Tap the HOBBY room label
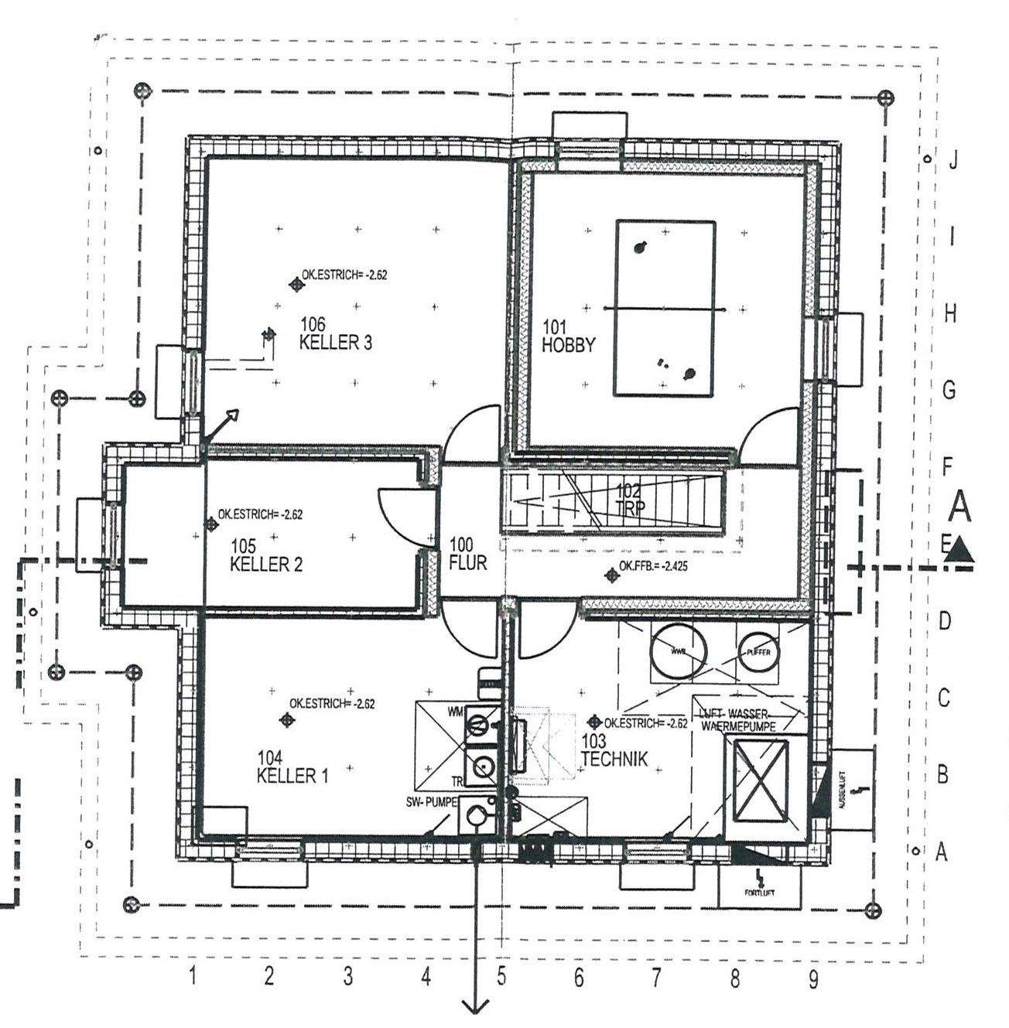[x=568, y=345]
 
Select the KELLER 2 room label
[x=266, y=564]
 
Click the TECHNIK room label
[x=614, y=759]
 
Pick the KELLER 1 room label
[x=287, y=775]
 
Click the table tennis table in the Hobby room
[x=665, y=309]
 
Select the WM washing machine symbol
[x=478, y=726]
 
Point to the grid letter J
[x=953, y=161]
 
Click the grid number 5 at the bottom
[x=501, y=978]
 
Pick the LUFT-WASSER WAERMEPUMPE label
[x=738, y=719]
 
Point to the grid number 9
[x=812, y=979]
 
